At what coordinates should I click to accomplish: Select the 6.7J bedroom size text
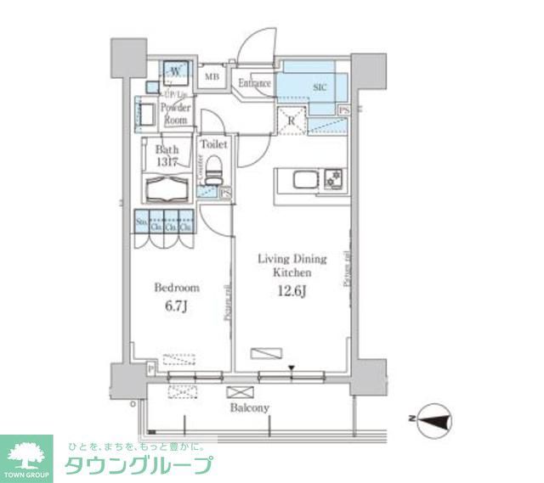click(176, 306)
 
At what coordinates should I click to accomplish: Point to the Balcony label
click(249, 407)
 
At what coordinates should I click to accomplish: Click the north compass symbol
click(431, 418)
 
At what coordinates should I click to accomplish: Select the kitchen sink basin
click(303, 179)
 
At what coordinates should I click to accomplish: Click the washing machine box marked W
click(175, 71)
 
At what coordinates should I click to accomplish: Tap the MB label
click(212, 78)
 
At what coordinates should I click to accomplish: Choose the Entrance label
click(254, 83)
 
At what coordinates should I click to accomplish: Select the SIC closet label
click(320, 87)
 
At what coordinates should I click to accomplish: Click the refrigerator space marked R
click(292, 120)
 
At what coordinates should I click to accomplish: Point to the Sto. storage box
click(140, 223)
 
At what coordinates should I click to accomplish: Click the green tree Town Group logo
click(27, 455)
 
